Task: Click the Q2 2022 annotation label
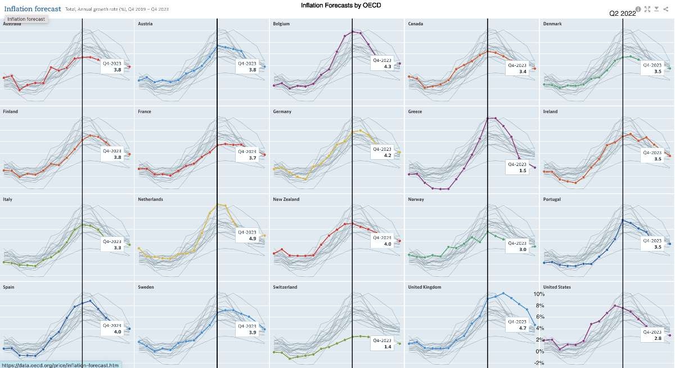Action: click(622, 14)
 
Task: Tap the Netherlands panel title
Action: click(151, 199)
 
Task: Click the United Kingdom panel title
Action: click(424, 287)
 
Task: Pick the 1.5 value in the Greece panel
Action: click(523, 170)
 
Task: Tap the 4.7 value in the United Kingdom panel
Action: click(521, 327)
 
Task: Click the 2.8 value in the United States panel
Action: click(657, 339)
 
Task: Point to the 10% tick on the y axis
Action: click(539, 294)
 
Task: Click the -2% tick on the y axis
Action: click(539, 363)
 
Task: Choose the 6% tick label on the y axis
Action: click(539, 317)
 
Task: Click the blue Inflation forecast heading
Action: click(33, 9)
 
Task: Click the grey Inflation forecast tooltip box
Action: click(26, 19)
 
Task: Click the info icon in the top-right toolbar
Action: click(638, 9)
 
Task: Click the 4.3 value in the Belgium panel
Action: click(387, 66)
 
